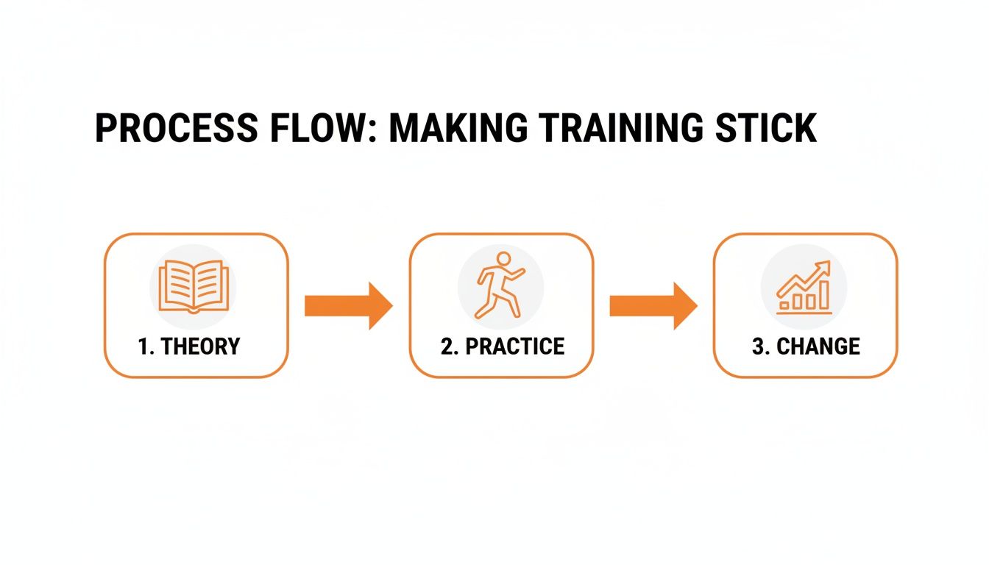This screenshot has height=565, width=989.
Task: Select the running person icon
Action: coord(500,285)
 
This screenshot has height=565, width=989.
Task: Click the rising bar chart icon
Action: coord(804,288)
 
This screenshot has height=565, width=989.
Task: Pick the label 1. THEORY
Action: coord(189,347)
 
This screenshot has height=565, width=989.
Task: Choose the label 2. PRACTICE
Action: coord(503,347)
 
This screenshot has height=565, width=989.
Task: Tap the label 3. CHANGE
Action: coord(806,347)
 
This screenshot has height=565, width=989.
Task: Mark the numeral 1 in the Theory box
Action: coord(143,347)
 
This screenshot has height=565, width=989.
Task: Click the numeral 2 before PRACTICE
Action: coord(446,347)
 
